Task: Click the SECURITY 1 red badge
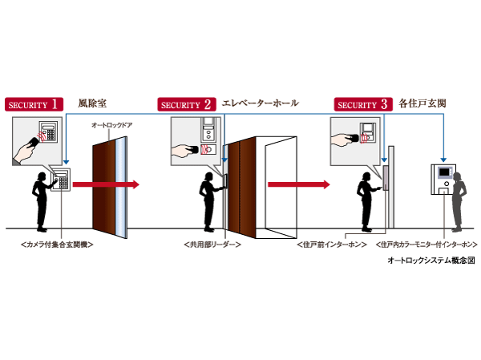pyautogui.click(x=34, y=103)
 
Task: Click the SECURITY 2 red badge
pyautogui.click(x=186, y=103)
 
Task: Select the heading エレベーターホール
pyautogui.click(x=259, y=103)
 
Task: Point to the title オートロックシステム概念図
pyautogui.click(x=430, y=260)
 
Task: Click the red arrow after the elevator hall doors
pyautogui.click(x=297, y=185)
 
